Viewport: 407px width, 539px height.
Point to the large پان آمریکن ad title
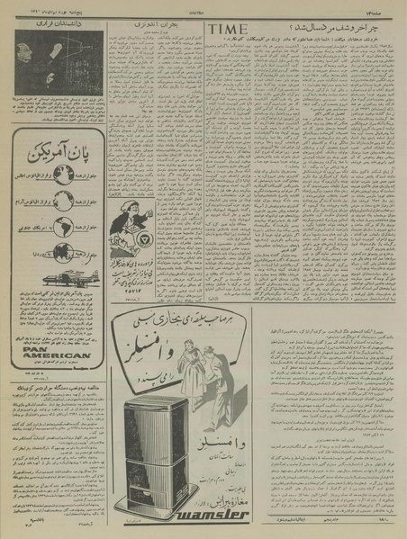tap(53, 146)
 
